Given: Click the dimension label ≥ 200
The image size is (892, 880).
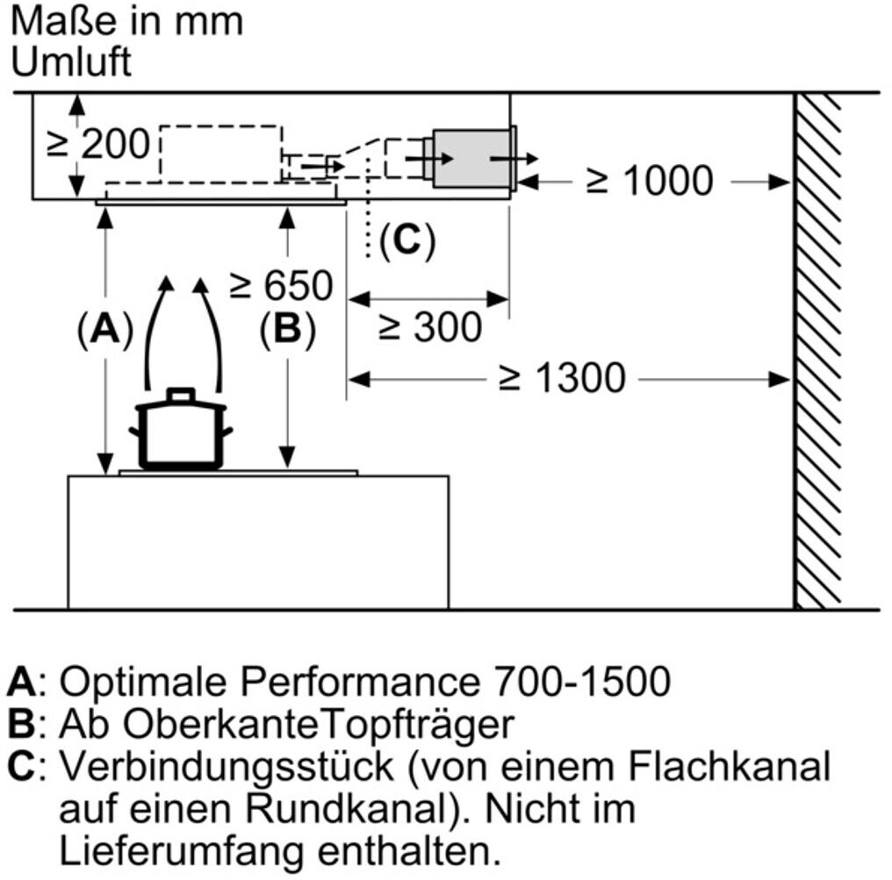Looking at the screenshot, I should coord(98,143).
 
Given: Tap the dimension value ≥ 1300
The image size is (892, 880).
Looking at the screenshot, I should coord(562,378).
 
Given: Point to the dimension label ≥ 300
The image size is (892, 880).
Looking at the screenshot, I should coord(430,327).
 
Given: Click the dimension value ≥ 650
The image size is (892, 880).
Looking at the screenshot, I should coord(281,285).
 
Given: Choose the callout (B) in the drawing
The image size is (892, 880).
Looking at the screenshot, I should coord(286,330).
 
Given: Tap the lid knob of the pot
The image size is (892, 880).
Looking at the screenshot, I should coord(181,394).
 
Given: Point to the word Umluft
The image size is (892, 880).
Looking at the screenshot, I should coord(72,62).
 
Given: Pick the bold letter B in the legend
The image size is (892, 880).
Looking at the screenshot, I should coord(18,725).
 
